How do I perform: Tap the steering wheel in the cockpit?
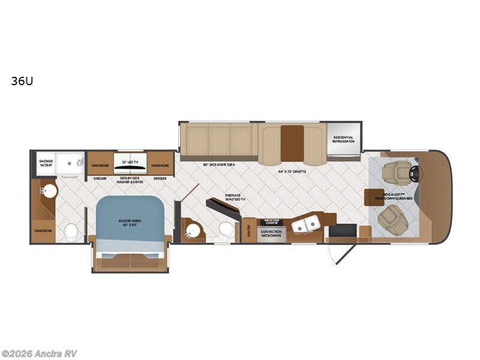pyautogui.click(x=415, y=173)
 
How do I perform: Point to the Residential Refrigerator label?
pyautogui.click(x=344, y=140)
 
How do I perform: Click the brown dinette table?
pyautogui.click(x=292, y=143)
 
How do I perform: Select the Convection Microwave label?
pyautogui.click(x=271, y=234)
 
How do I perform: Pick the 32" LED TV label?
pyautogui.click(x=130, y=163)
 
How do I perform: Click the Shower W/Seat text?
pyautogui.click(x=46, y=163)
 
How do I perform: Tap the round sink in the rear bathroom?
pyautogui.click(x=49, y=191)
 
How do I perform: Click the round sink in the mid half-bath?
pyautogui.click(x=194, y=230)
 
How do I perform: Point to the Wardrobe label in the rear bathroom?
pyautogui.click(x=43, y=230)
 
